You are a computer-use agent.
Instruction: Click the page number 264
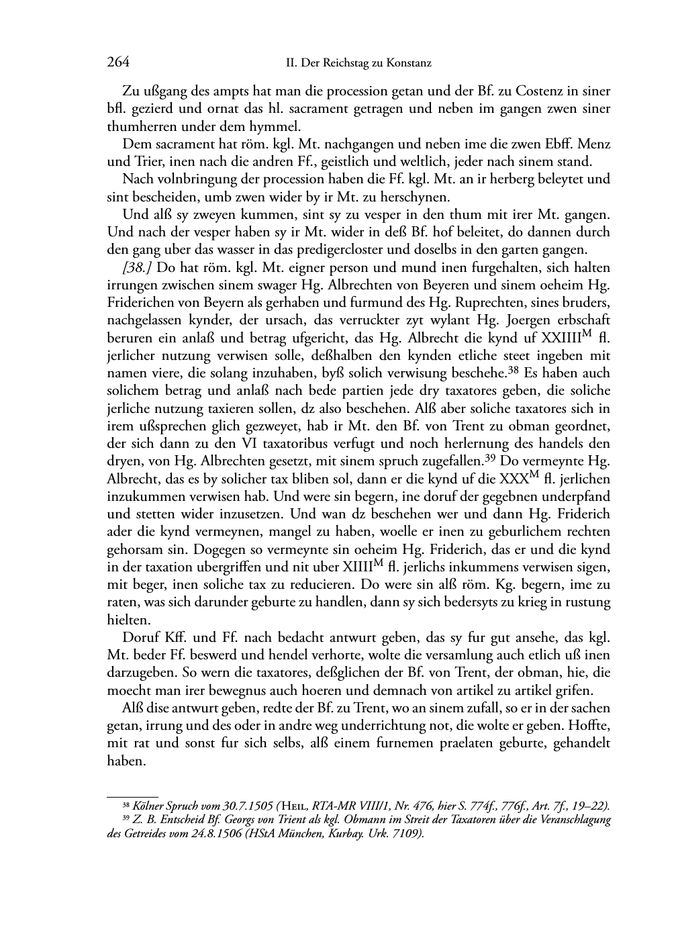pos(117,63)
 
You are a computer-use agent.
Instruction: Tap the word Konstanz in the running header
pos(410,64)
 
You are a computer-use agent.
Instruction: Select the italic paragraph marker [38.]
pos(136,268)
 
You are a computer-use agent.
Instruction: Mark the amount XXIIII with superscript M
pos(564,337)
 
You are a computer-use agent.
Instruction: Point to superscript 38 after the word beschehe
pos(514,369)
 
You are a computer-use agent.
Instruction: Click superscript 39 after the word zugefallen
pos(491,458)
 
